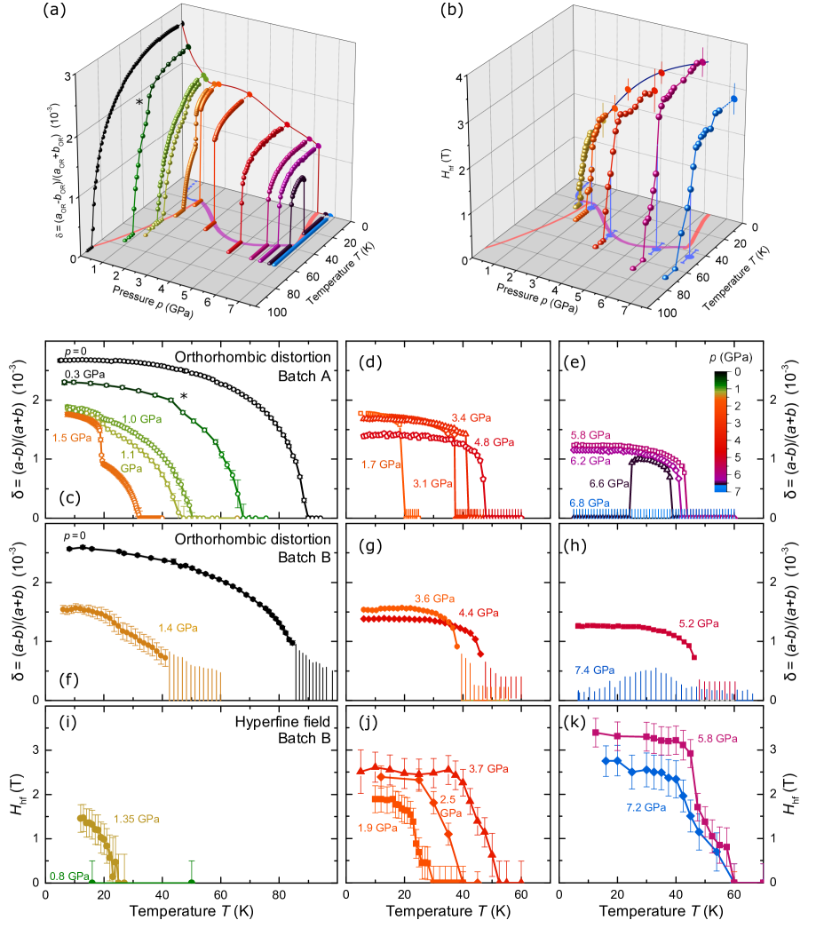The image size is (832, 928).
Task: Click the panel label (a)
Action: [x=54, y=10]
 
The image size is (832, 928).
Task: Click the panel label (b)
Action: [x=452, y=10]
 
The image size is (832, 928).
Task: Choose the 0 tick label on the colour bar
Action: [x=738, y=371]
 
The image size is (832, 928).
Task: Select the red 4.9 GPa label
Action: [x=493, y=442]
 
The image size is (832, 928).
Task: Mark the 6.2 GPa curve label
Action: [x=590, y=461]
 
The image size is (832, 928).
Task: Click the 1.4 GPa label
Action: [x=178, y=628]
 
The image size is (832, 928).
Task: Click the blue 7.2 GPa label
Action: [x=644, y=808]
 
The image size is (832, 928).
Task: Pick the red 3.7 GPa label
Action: [x=487, y=768]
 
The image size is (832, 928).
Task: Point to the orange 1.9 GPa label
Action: [x=377, y=828]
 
